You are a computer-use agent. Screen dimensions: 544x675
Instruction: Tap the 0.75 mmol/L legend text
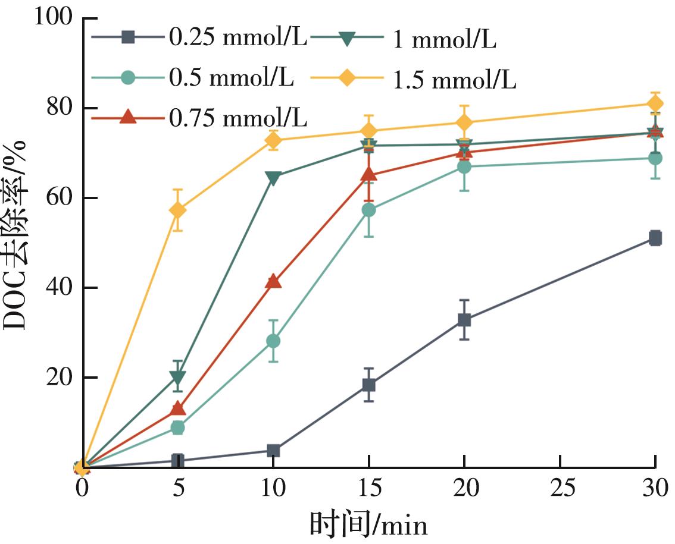(237, 118)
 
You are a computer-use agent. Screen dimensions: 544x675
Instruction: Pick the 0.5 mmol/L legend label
(231, 78)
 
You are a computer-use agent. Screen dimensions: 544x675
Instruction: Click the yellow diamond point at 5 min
(177, 210)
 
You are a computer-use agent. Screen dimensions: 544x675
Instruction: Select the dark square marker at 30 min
(655, 238)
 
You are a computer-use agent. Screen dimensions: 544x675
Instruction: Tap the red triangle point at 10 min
(273, 281)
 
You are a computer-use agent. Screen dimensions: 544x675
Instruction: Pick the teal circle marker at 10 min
(273, 341)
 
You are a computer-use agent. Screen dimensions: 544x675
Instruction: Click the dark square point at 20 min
(464, 320)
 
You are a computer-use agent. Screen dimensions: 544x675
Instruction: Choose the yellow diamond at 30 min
(655, 104)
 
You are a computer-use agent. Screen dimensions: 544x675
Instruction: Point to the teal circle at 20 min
(464, 167)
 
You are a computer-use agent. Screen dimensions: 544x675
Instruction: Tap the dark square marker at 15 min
(368, 385)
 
